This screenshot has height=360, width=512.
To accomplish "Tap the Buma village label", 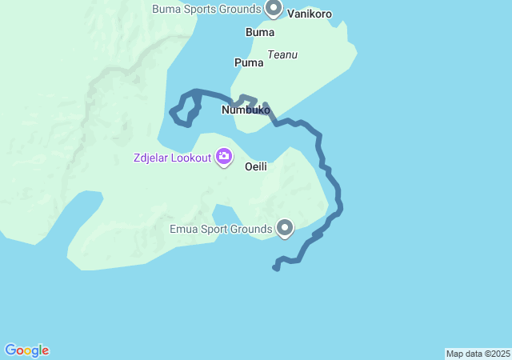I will point(260,33).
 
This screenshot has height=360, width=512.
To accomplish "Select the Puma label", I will point(248,62).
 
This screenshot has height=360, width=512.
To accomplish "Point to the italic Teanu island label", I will point(282,54).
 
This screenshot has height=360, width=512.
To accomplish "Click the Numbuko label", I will point(246,110).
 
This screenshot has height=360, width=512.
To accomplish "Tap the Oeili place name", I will point(255,167).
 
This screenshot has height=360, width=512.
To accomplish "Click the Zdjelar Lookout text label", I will point(172,158).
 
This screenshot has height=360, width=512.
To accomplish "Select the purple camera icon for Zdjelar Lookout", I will point(224,158).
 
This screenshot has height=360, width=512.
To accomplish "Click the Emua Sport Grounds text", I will point(221,230).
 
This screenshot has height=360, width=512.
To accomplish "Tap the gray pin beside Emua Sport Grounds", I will point(286,228).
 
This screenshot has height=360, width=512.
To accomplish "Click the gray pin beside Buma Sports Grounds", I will point(274,9).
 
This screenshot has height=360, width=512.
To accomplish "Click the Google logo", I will point(26,350).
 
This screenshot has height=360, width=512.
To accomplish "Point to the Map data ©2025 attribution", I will point(478,354).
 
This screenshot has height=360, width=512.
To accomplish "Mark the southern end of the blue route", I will point(276,268).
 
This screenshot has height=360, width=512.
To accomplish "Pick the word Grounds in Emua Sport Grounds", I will point(253,230).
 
